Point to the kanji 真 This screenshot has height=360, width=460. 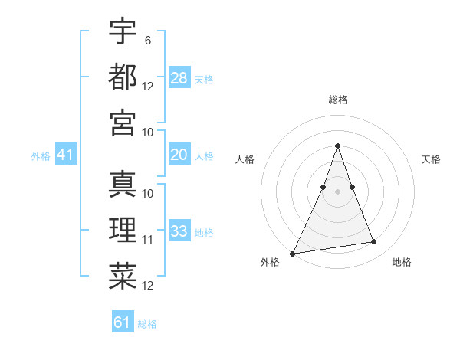pyautogui.click(x=123, y=185)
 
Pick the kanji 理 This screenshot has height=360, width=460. pyautogui.click(x=123, y=229)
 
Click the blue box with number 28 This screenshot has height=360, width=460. pyautogui.click(x=179, y=78)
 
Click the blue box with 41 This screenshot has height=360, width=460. pyautogui.click(x=66, y=155)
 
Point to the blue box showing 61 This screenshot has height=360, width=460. pyautogui.click(x=123, y=322)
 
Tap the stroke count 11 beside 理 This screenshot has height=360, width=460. pyautogui.click(x=148, y=240)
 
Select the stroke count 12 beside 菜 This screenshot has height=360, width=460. pyautogui.click(x=148, y=286)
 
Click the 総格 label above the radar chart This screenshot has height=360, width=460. pyautogui.click(x=337, y=100)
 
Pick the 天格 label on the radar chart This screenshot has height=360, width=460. pyautogui.click(x=431, y=159)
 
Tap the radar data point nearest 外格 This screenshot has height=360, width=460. pyautogui.click(x=293, y=253)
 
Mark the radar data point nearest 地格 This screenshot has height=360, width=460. pyautogui.click(x=374, y=242)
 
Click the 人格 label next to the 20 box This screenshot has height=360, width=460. pyautogui.click(x=204, y=156)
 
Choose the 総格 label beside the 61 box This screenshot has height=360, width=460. pyautogui.click(x=147, y=324)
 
